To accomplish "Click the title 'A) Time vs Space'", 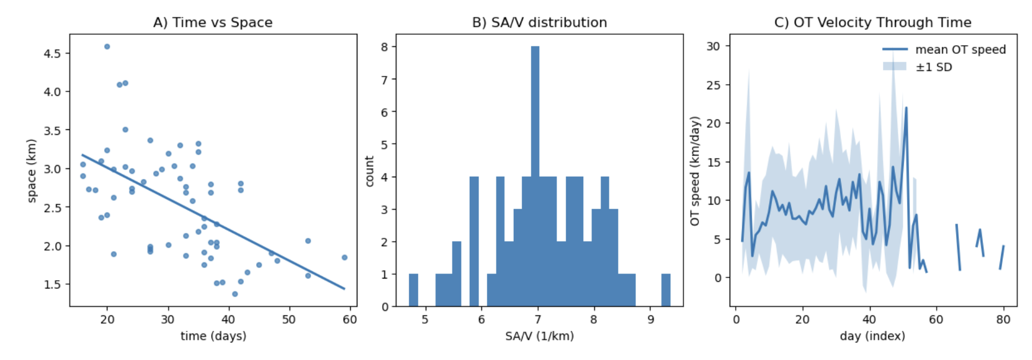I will [213, 23].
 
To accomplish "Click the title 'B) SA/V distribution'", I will [539, 23].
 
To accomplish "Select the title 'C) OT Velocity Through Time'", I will [872, 23].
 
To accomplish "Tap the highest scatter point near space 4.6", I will [107, 47].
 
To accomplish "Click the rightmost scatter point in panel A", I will [344, 258].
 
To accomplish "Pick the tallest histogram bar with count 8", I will [535, 176].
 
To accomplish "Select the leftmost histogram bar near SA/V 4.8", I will [413, 290].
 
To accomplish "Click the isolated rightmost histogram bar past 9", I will [666, 290].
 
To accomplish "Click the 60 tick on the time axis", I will [350, 320].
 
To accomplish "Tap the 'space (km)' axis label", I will [31, 171].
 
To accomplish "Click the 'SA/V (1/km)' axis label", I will [539, 336].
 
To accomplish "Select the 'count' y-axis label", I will [370, 171].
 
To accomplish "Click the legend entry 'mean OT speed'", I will [960, 50].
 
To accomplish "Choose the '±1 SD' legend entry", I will [933, 67].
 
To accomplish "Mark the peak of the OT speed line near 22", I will [906, 108].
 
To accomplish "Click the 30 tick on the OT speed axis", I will [713, 46].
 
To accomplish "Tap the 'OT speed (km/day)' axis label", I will [694, 171].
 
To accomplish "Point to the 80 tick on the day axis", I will [1003, 320].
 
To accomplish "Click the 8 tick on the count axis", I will [384, 47].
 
